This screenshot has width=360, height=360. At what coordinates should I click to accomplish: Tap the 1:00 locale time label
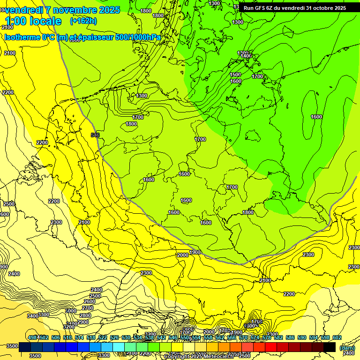coord(33,21)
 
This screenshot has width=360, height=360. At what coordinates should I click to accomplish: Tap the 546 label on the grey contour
coord(95,135)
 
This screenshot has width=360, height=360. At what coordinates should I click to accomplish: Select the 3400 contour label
coord(33,316)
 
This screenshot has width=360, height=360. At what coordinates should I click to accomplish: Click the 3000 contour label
coord(70,311)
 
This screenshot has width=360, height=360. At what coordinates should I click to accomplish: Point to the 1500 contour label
coord(235,75)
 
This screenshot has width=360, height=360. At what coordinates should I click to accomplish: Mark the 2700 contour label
coord(88,308)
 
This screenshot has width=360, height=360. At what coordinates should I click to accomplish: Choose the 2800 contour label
coord(85,315)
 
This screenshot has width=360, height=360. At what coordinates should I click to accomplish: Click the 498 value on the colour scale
coord(32,338)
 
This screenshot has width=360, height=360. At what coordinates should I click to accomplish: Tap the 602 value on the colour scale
coord(337,338)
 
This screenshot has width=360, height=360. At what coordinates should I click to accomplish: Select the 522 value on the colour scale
coord(103,338)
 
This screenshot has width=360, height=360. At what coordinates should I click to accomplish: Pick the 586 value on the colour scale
coord(290,338)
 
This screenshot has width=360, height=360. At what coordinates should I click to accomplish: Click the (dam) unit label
coord(346,347)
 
